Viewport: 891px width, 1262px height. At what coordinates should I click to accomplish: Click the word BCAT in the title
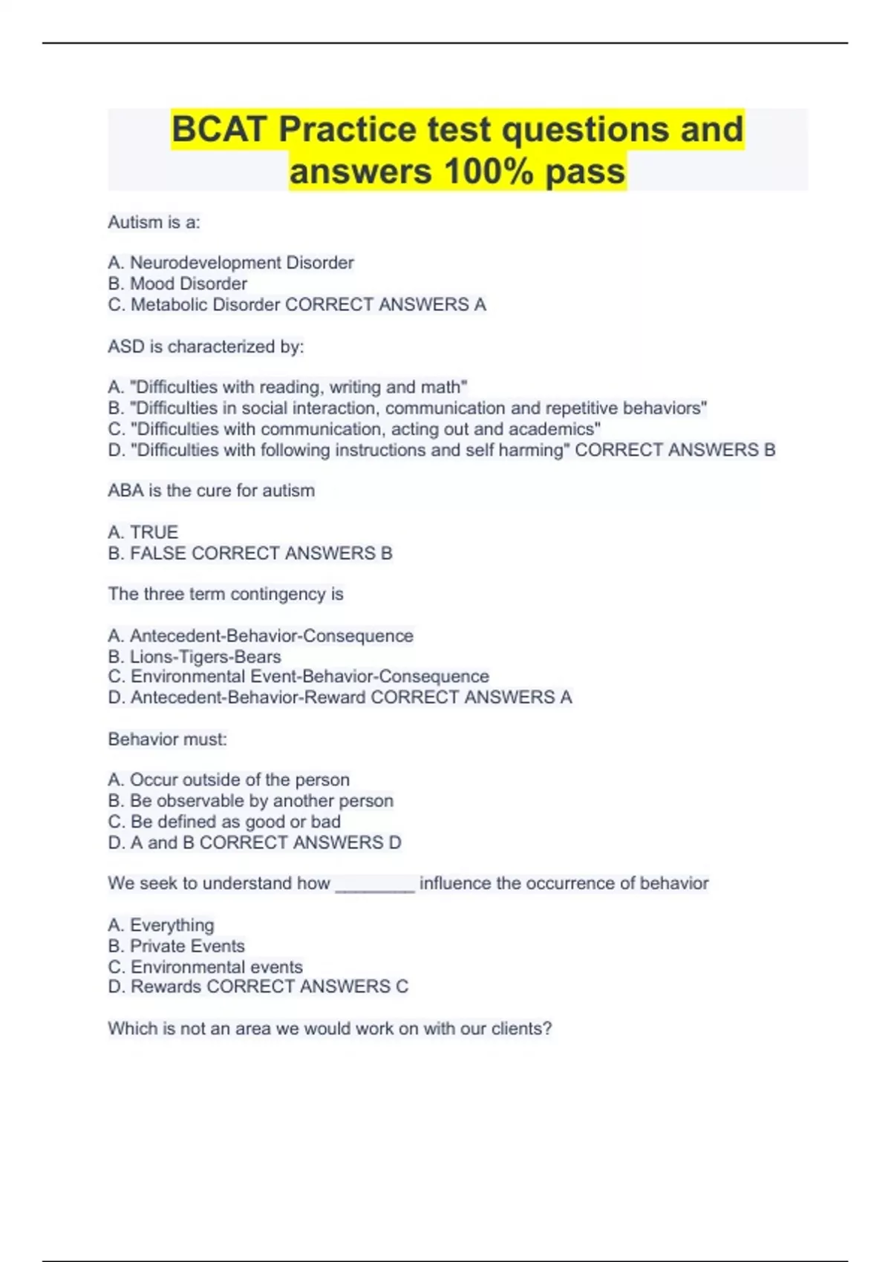click(x=219, y=130)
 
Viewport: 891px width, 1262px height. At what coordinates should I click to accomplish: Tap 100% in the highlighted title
click(x=489, y=171)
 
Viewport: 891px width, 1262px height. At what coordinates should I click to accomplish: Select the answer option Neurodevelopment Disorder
click(x=241, y=263)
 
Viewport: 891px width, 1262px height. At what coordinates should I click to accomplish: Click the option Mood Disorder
click(x=188, y=284)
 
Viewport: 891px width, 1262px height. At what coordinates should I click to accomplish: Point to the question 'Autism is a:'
click(x=154, y=222)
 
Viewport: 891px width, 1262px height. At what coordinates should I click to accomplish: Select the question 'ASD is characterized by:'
click(x=206, y=347)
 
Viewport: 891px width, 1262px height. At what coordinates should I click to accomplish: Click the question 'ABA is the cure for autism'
click(x=211, y=491)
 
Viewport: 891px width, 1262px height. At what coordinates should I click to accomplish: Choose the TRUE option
click(x=154, y=532)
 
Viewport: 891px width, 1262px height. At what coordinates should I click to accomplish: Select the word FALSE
click(x=157, y=553)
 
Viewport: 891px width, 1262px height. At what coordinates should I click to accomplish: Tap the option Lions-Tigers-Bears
click(x=205, y=657)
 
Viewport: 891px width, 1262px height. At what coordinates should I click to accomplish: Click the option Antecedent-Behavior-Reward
click(x=248, y=698)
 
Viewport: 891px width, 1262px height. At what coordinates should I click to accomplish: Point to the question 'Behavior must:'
click(x=167, y=739)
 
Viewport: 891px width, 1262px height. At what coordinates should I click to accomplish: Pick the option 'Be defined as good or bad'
click(x=235, y=822)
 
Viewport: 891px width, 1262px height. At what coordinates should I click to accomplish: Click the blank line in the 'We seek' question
click(x=374, y=886)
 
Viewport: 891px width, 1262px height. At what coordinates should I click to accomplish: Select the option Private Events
click(x=187, y=946)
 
